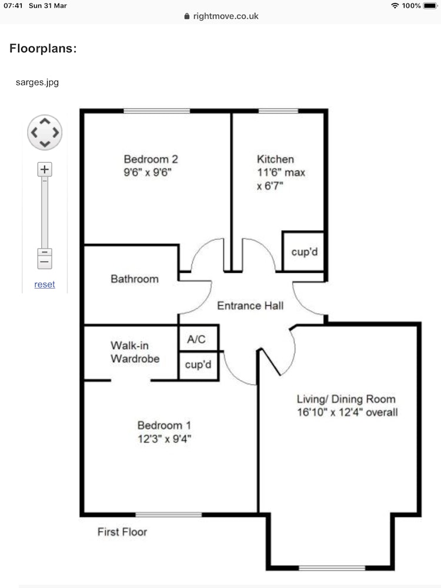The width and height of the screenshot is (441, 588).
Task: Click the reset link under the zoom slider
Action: tap(45, 284)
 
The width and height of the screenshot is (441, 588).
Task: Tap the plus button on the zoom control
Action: tap(45, 169)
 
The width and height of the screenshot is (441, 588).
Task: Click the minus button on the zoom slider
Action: tap(45, 259)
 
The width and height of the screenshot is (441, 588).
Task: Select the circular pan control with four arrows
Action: tap(45, 132)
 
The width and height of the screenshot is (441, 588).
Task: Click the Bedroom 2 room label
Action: tap(151, 159)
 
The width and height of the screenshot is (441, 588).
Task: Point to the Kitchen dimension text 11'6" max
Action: tap(281, 172)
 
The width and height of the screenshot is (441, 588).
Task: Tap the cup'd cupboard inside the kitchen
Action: tap(303, 251)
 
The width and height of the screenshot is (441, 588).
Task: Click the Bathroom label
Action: tap(135, 279)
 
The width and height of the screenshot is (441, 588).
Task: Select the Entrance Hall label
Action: tap(250, 306)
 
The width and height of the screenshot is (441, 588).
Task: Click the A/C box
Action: tap(198, 339)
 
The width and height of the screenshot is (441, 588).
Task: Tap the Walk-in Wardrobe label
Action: tap(135, 352)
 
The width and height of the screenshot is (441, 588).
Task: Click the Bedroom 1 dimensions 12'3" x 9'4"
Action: tap(164, 439)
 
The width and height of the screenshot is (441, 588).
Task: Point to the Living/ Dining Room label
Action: tap(346, 399)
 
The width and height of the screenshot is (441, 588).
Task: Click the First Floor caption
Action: tap(122, 532)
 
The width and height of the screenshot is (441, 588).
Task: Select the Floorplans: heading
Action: tap(43, 48)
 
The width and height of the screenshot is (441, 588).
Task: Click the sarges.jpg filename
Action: tap(37, 82)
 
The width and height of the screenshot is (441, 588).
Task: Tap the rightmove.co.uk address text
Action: tap(226, 16)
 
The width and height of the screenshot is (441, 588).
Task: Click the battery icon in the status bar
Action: tap(430, 6)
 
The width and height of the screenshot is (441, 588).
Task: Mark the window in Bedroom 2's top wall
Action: tap(157, 111)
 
